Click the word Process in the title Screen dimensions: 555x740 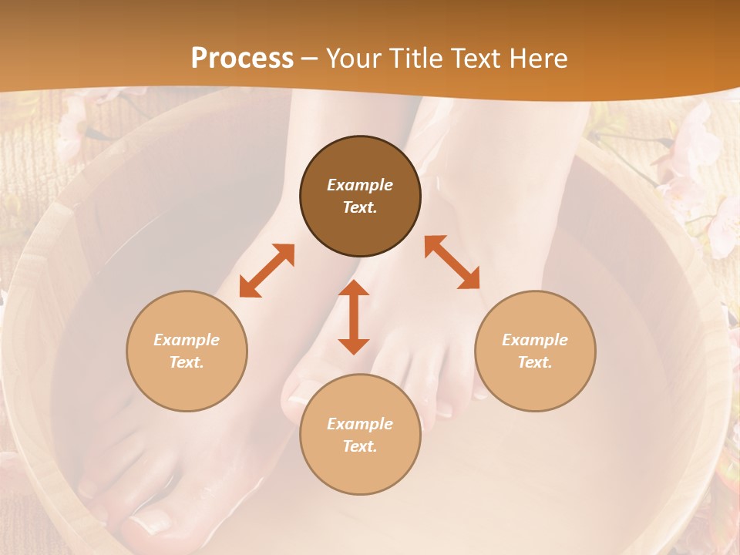(x=242, y=59)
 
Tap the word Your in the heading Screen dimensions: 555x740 (x=354, y=59)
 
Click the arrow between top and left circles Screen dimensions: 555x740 (x=267, y=271)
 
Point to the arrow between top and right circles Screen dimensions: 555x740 (x=452, y=262)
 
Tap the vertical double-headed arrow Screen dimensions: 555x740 (x=354, y=317)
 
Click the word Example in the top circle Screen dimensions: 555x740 (x=360, y=185)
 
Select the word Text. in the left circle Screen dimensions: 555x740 (x=187, y=362)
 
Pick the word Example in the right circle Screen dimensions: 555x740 (x=535, y=340)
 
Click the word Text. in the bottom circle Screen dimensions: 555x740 (x=360, y=446)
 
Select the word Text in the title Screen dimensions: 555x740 (x=474, y=59)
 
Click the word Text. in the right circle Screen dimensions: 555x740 (x=535, y=362)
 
